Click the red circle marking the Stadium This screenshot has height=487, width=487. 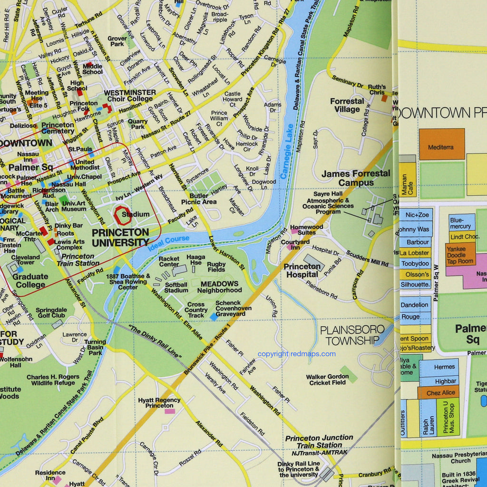[x=122, y=215]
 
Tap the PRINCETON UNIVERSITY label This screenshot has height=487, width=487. [x=120, y=237]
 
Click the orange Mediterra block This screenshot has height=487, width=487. [x=441, y=144]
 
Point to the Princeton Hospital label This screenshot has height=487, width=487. [x=302, y=270]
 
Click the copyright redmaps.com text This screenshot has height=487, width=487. [x=296, y=354]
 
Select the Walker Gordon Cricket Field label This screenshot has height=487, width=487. [x=327, y=380]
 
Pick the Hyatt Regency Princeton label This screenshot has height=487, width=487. [x=159, y=403]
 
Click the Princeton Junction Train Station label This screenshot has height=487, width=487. [x=319, y=441]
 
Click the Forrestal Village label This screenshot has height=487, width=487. [x=347, y=105]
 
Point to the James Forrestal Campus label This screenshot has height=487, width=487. [x=355, y=178]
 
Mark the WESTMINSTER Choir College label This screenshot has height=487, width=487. [x=129, y=96]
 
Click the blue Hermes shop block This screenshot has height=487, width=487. [x=444, y=367]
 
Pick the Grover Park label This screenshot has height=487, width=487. [x=117, y=41]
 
